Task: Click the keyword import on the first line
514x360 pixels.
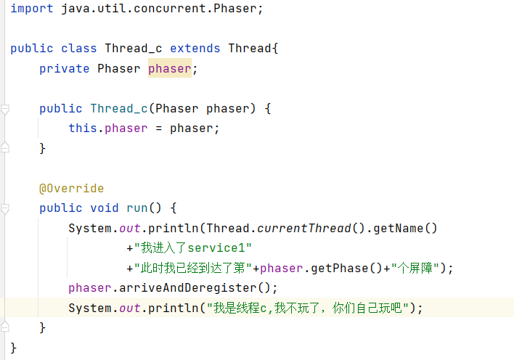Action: [x=32, y=9]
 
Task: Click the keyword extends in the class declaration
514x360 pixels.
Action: [x=195, y=49]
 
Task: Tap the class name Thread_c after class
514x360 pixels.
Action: [x=134, y=49]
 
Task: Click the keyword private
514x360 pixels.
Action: [x=64, y=69]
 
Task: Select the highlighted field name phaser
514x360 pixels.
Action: [x=169, y=69]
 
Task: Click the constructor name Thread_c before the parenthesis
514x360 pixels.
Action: [x=119, y=109]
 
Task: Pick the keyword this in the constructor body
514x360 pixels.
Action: [x=83, y=128]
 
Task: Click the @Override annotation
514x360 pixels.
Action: [x=71, y=189]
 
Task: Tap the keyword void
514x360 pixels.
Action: [x=105, y=208]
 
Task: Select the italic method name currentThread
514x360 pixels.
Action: [x=304, y=228]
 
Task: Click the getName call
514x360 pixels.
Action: [x=398, y=228]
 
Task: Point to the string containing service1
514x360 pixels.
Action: [x=193, y=248]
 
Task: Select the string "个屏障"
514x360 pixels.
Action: [x=415, y=269]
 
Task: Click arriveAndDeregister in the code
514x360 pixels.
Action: [x=188, y=288]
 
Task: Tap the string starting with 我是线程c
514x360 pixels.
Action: [x=308, y=308]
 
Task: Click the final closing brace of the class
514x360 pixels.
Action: [x=13, y=348]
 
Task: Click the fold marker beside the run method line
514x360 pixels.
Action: [x=4, y=209]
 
